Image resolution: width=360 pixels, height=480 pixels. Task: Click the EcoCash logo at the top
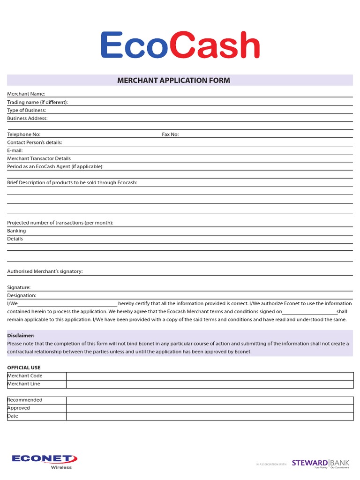(180, 46)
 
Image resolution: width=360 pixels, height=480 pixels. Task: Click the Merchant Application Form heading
(173, 80)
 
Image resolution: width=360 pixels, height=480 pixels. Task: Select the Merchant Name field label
(26, 94)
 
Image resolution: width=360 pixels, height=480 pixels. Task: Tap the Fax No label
(170, 135)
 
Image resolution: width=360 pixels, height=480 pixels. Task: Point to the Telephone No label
(24, 135)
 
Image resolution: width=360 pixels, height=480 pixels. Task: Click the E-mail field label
(15, 150)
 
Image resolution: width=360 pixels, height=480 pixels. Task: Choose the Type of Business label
(27, 110)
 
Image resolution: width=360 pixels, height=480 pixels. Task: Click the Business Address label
(27, 118)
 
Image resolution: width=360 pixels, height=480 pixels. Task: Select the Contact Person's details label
(35, 142)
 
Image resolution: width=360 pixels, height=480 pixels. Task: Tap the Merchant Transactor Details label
(39, 158)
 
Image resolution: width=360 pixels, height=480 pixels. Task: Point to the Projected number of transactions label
(60, 223)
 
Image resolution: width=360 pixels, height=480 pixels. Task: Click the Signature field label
(19, 287)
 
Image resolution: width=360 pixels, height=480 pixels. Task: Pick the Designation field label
(22, 295)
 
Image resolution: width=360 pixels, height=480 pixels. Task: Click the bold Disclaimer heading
(21, 336)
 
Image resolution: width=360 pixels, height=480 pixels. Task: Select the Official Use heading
(24, 367)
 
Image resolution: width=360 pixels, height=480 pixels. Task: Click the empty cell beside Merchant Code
(210, 376)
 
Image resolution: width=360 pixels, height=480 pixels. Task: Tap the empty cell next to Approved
(210, 408)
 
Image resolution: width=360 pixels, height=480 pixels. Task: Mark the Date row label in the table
(13, 416)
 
